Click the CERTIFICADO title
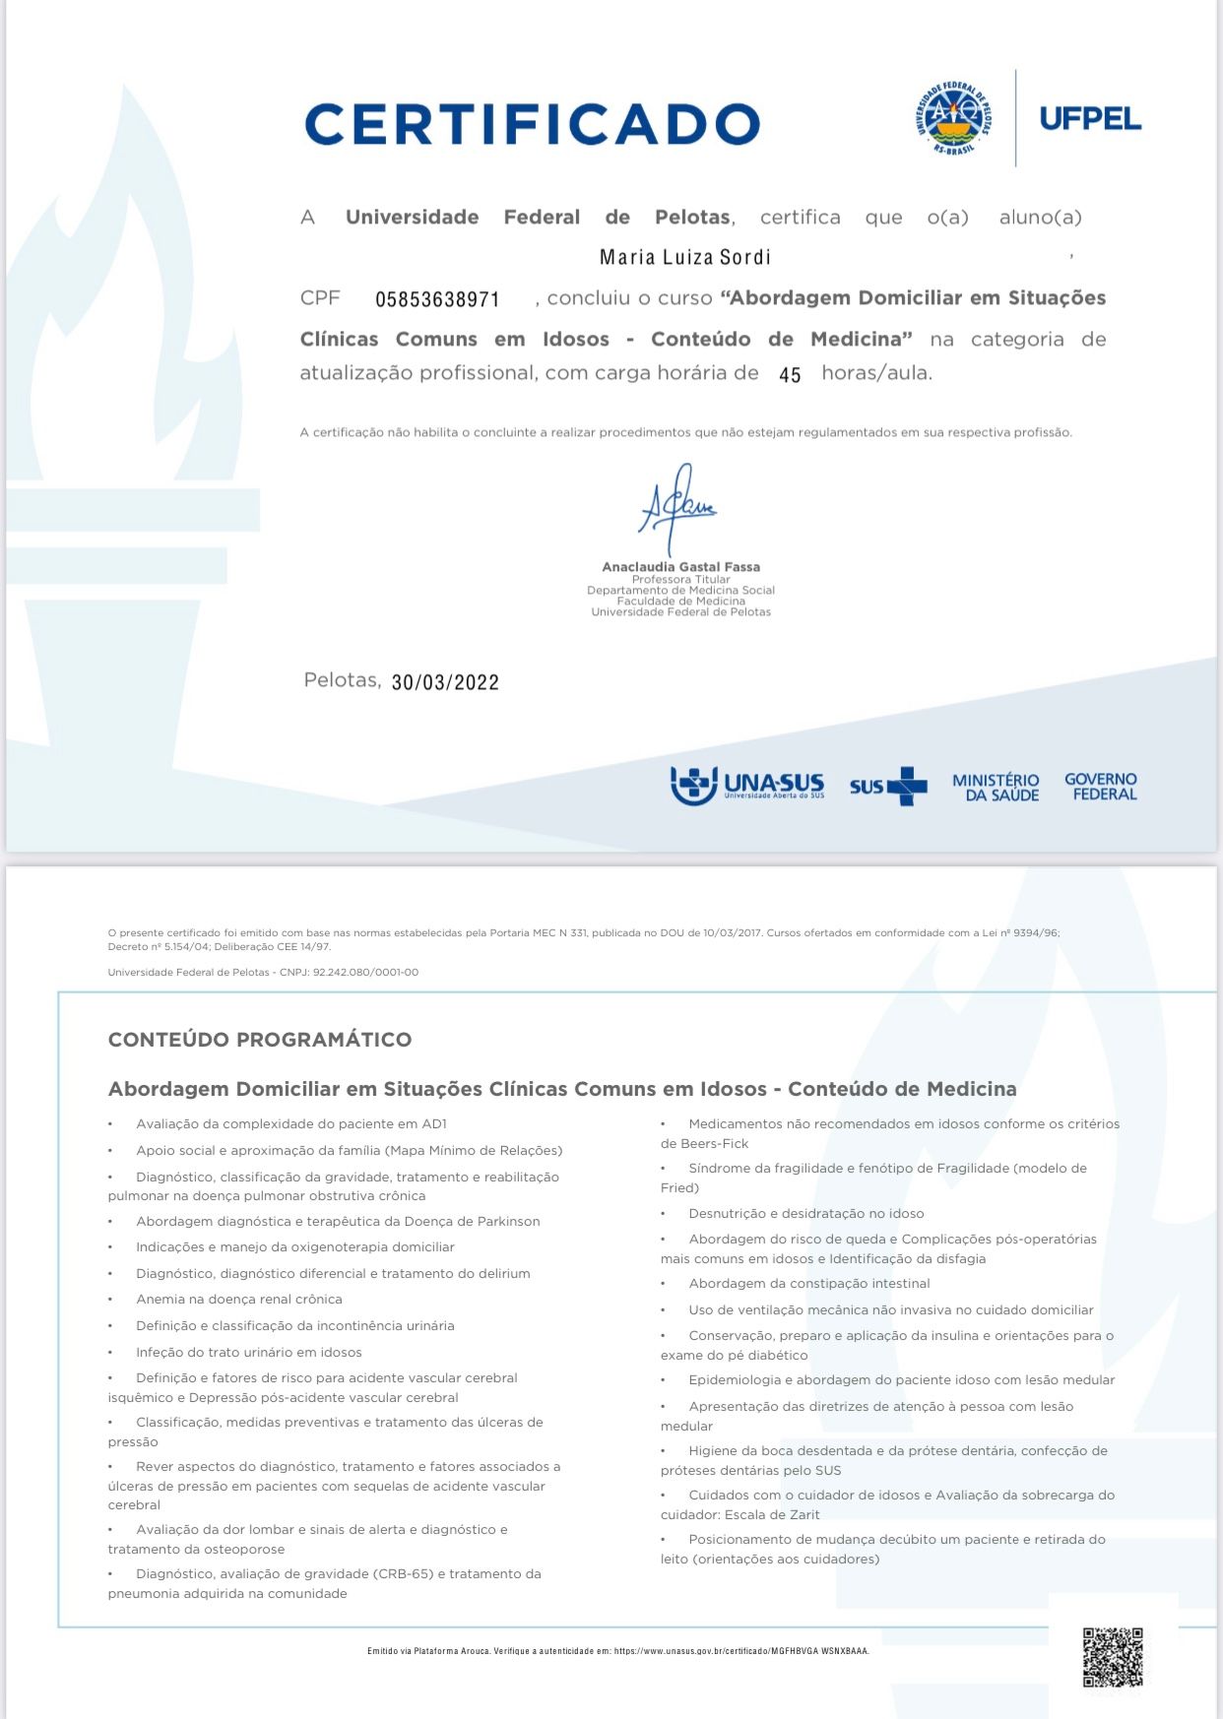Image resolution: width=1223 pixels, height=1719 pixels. (x=532, y=125)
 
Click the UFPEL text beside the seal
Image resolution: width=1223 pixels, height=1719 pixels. (x=1090, y=119)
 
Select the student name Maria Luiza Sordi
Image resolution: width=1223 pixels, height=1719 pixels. (x=685, y=258)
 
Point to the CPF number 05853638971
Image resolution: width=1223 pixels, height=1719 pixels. (x=437, y=299)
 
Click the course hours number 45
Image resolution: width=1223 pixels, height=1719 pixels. (x=790, y=375)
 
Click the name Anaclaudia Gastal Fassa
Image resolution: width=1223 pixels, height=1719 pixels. (x=680, y=567)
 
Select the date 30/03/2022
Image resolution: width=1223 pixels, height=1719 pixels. (x=445, y=682)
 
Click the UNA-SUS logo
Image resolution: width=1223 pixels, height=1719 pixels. (x=747, y=786)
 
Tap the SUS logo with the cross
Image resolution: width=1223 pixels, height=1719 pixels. (x=888, y=787)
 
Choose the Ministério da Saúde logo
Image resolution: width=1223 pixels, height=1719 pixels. (x=996, y=787)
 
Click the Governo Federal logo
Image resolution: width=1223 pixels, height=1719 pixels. (x=1101, y=787)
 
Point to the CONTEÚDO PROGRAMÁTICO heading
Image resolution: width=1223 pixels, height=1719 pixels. (x=260, y=1040)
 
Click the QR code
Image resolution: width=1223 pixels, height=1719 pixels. (x=1113, y=1658)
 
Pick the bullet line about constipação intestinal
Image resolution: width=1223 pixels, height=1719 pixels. (x=808, y=1284)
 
